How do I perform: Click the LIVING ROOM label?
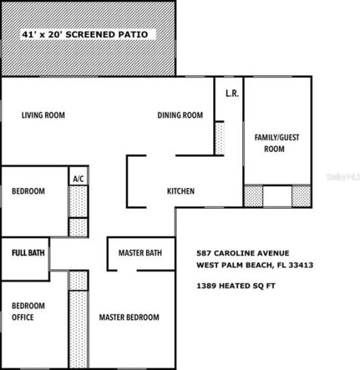point(43,115)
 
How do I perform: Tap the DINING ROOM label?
point(180,115)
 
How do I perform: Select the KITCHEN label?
point(181,191)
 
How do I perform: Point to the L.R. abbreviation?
point(233,93)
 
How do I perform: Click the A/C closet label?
point(79,178)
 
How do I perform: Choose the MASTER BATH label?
point(140,253)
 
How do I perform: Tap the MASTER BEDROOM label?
point(129,317)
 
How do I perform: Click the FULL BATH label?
point(28,253)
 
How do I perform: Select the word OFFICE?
point(23,317)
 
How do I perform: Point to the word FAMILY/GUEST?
point(277,138)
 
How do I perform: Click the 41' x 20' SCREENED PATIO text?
point(85,35)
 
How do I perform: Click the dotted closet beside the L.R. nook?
point(219,138)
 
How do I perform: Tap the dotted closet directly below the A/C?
point(78,201)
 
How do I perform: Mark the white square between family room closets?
point(277,196)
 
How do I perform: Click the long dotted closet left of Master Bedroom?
point(79,329)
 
